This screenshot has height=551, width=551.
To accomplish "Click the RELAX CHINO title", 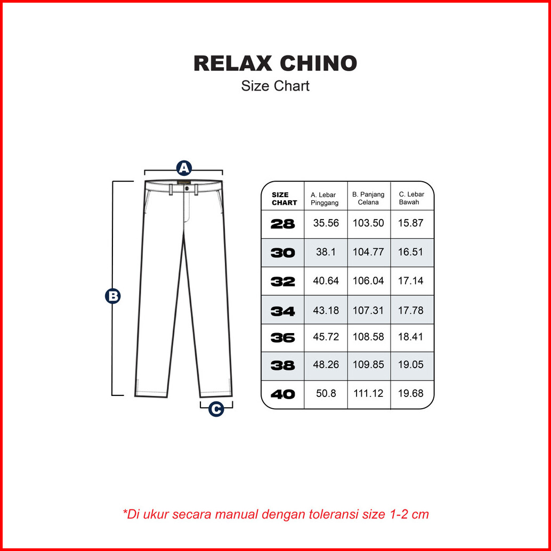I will (x=275, y=63).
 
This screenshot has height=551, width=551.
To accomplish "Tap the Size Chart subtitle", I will (x=275, y=86).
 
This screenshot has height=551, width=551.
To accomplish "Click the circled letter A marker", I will (x=184, y=168).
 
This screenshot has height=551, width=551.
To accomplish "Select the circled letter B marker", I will (x=113, y=296).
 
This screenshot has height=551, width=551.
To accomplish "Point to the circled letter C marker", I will (x=216, y=409).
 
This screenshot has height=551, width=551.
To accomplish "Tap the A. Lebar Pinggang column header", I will (x=325, y=199).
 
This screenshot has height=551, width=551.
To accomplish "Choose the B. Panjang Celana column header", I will (x=368, y=198).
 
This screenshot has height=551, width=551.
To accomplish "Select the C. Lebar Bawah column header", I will (x=411, y=198).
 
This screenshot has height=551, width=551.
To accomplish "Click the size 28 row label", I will (x=282, y=224).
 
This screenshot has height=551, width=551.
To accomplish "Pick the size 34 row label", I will (x=282, y=311).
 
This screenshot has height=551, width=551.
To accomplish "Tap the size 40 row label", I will (x=282, y=394).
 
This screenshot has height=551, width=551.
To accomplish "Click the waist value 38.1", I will (x=326, y=252).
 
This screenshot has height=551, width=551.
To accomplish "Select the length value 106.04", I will (x=368, y=281).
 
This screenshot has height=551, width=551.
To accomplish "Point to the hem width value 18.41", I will (x=411, y=337).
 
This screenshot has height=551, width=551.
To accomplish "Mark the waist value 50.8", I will (x=326, y=393).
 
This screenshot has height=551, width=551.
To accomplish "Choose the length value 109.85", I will (x=368, y=365).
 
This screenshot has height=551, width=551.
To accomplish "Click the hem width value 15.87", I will (x=411, y=223).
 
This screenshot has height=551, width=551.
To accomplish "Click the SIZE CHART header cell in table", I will (x=284, y=199).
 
